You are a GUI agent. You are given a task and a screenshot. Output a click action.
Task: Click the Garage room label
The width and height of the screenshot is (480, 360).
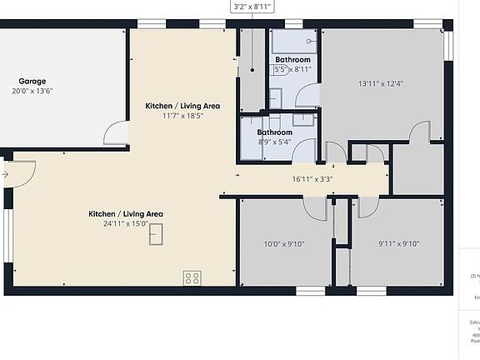point(32,81)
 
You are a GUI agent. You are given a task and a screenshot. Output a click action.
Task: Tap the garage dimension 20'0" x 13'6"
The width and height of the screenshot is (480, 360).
point(32,92)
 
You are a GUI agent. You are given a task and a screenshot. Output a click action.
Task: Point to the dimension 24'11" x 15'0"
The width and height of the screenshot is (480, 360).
point(126,223)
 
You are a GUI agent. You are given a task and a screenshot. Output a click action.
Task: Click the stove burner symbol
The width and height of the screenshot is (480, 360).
point(192,278)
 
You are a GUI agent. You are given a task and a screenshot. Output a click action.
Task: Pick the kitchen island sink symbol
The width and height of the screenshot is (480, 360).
point(156,236)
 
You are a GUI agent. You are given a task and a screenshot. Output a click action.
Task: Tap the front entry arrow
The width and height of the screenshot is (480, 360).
point(5,174)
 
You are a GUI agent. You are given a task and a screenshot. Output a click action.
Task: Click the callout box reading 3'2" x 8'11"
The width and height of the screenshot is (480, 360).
point(252,7)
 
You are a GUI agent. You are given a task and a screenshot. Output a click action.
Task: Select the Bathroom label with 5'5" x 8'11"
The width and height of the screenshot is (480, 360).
point(293,60)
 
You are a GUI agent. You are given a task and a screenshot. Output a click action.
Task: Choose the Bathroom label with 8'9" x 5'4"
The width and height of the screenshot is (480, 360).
point(274,132)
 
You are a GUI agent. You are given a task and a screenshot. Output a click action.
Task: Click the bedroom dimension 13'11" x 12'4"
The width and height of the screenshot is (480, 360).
point(380,83)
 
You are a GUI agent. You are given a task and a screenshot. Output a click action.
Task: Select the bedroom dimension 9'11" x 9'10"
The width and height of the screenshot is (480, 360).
point(398,244)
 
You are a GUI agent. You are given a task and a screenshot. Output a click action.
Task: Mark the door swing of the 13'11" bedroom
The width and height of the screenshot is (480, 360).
point(420,132)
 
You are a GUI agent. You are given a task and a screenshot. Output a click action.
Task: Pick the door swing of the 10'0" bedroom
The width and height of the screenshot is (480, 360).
point(315,208)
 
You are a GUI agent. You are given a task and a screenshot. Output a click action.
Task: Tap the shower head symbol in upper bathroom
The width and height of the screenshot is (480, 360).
point(310,40)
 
